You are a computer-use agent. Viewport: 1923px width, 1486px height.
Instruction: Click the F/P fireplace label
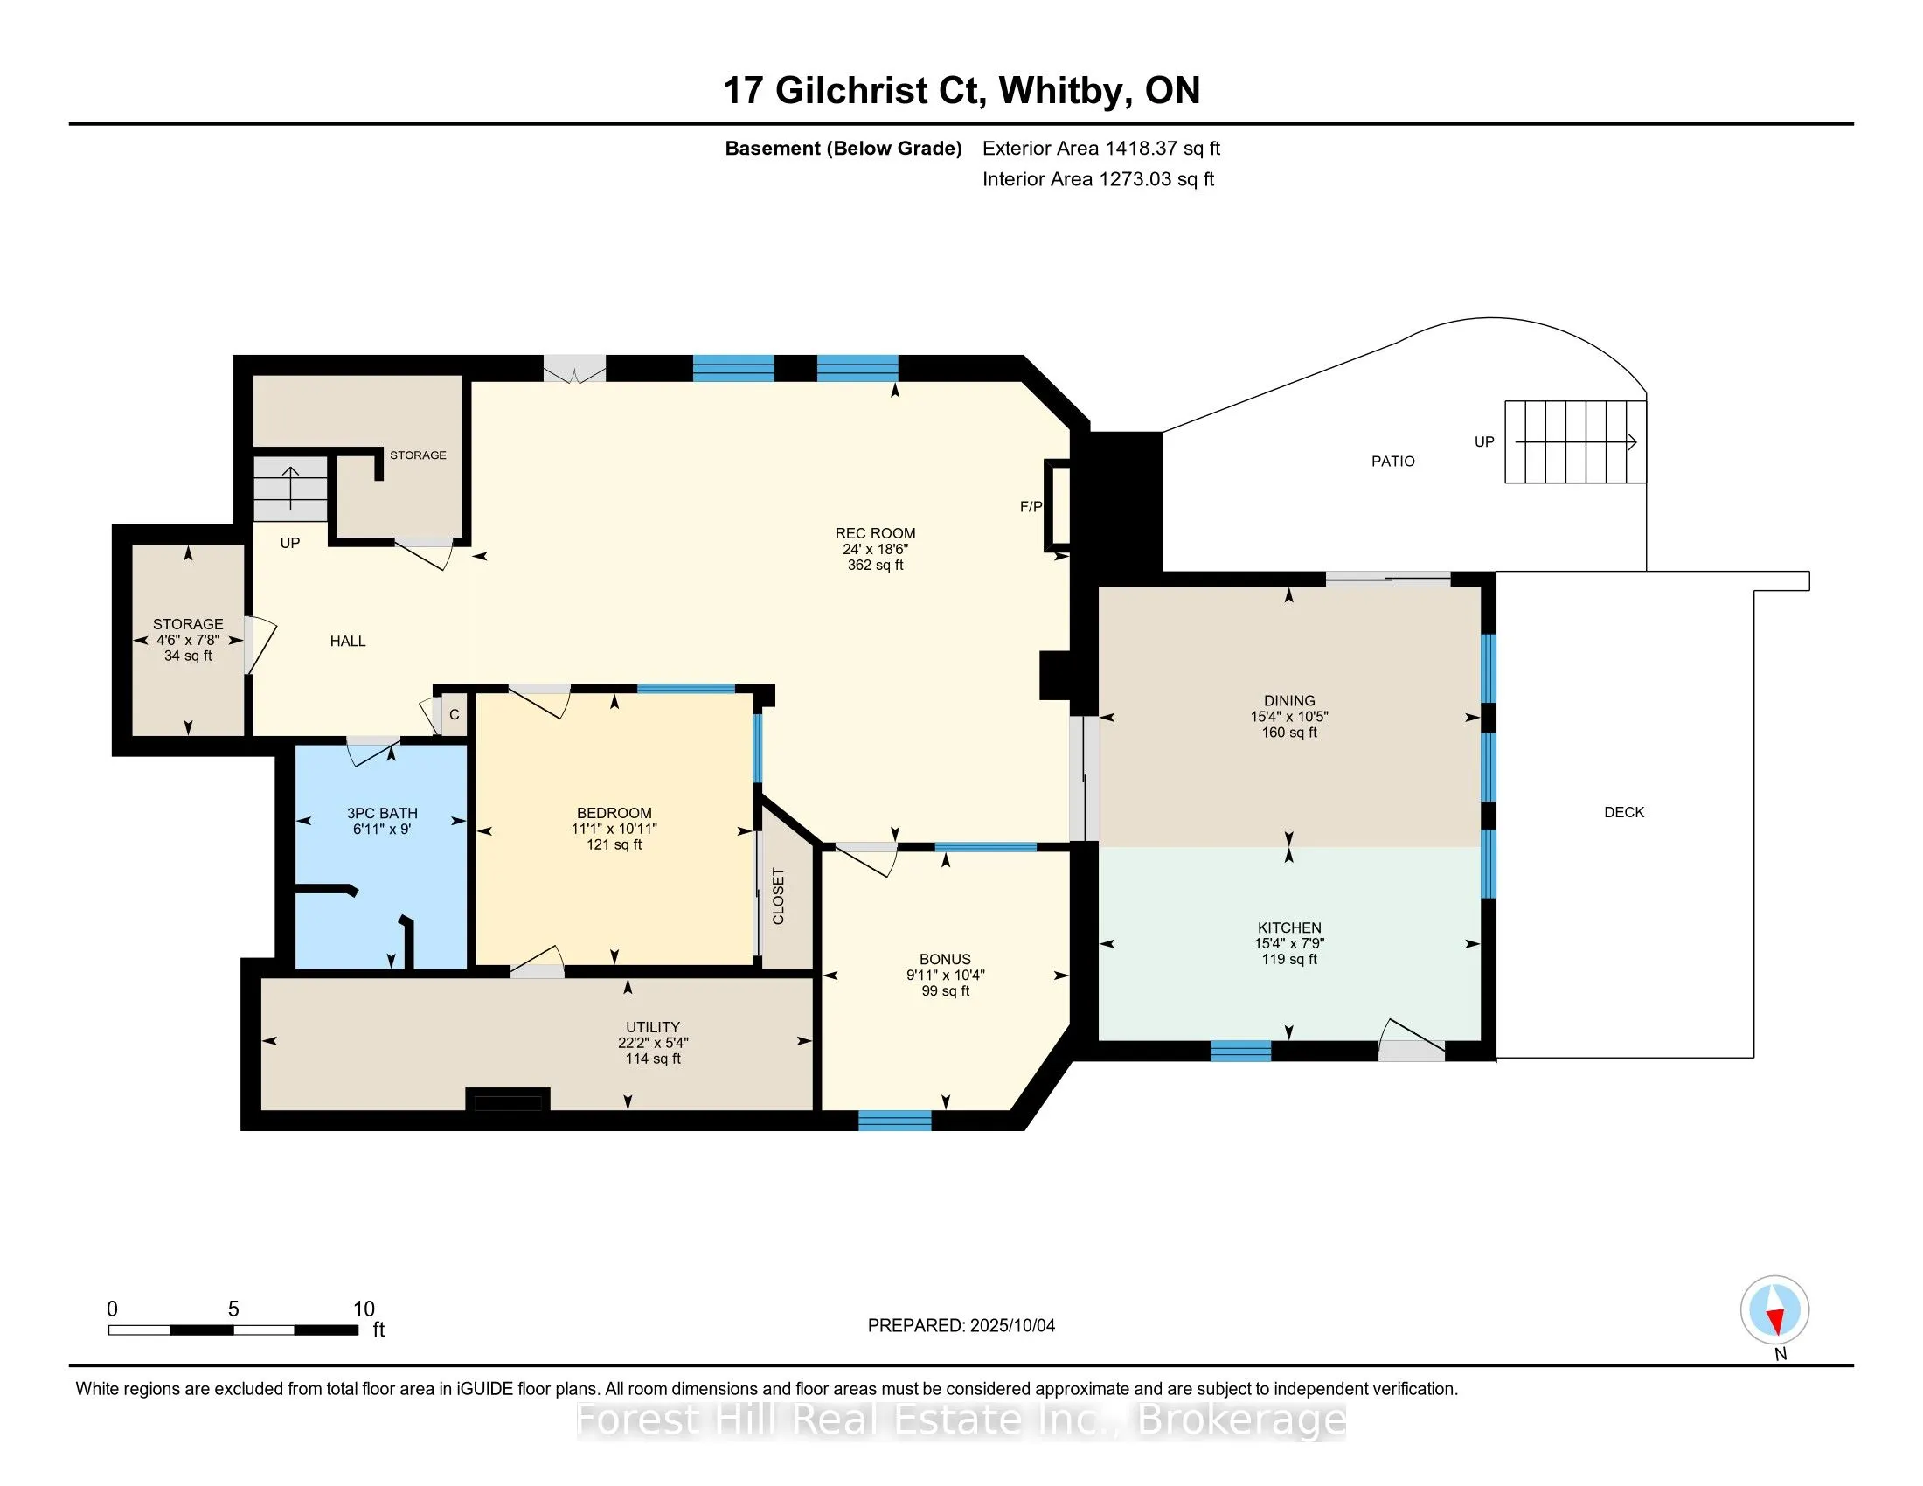(x=1031, y=506)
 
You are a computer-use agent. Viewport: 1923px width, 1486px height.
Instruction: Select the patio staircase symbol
(x=1575, y=442)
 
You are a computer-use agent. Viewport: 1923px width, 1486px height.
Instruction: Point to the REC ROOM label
(x=875, y=533)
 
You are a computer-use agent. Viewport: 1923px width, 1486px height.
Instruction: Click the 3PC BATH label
(x=382, y=814)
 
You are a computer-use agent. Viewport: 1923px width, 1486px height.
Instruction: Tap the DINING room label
(x=1289, y=702)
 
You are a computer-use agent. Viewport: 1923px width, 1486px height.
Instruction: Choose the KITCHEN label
(x=1289, y=927)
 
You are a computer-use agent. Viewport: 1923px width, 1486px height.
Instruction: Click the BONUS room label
(x=945, y=960)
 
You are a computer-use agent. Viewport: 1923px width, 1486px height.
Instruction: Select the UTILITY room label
(x=652, y=1027)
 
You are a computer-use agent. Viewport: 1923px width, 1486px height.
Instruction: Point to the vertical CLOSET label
(x=778, y=896)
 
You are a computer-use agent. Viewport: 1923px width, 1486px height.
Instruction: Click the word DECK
(x=1625, y=813)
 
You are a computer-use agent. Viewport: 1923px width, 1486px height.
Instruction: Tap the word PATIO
(x=1393, y=462)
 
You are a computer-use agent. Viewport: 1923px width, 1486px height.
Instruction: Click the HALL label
(x=348, y=641)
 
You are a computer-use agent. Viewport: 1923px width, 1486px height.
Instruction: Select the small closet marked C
(x=454, y=714)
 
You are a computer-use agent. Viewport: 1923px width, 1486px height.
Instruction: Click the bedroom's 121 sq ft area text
(x=614, y=845)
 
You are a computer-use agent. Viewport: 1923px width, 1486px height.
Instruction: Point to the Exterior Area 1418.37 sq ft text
(x=1101, y=148)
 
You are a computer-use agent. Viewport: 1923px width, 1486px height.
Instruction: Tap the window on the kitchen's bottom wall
(x=1240, y=1050)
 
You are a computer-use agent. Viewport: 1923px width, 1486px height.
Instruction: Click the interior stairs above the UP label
(x=290, y=490)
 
